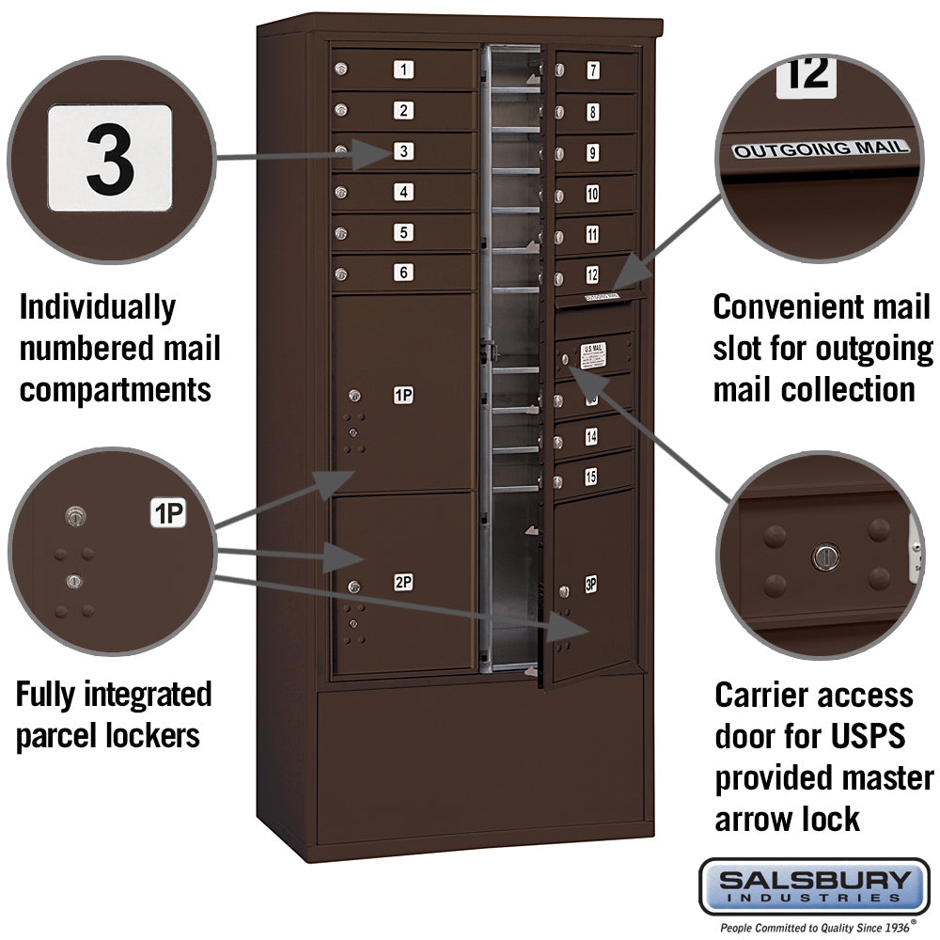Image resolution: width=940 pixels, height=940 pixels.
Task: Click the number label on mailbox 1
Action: click(403, 69)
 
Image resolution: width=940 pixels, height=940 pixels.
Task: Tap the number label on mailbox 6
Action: click(403, 273)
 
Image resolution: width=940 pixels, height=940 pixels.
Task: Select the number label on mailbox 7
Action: click(593, 70)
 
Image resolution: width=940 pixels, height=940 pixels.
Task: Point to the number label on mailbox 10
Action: click(592, 195)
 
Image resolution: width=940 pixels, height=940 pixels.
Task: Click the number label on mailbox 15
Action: click(590, 478)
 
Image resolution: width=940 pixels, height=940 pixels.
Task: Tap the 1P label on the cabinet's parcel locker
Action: click(403, 396)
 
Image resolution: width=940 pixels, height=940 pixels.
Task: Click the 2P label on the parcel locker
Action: click(403, 583)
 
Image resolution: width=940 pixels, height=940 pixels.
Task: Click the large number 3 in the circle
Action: click(110, 157)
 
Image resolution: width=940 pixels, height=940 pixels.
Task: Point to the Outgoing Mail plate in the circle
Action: click(822, 148)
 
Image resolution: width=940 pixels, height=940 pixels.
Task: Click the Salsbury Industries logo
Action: click(814, 885)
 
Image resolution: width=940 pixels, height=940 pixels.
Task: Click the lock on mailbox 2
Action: click(341, 110)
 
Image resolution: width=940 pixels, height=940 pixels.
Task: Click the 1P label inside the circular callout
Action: click(168, 513)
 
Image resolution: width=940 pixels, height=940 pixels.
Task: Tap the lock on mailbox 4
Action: click(341, 192)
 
